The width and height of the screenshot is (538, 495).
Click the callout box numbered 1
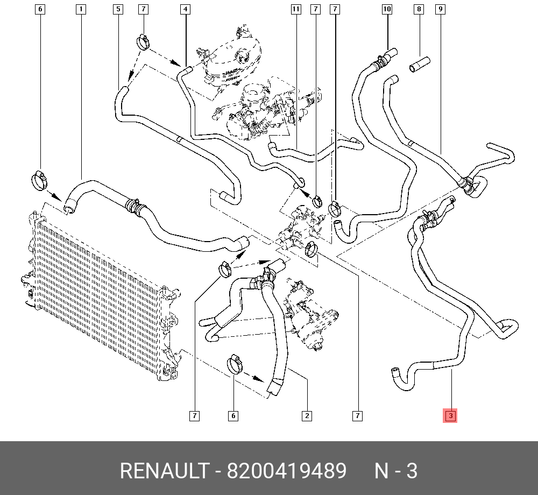(80, 9)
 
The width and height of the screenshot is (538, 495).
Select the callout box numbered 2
(306, 415)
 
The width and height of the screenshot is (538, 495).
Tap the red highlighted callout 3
(450, 415)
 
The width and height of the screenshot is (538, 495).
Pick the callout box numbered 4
(185, 9)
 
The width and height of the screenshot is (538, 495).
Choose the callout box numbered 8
(420, 9)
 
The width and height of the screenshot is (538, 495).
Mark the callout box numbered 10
(387, 9)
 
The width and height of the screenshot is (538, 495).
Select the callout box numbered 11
(295, 9)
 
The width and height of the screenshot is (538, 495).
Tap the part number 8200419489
(286, 471)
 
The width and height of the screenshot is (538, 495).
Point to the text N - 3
(396, 471)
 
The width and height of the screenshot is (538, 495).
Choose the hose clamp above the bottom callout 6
(235, 364)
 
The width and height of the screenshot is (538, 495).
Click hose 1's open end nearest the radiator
(69, 206)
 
